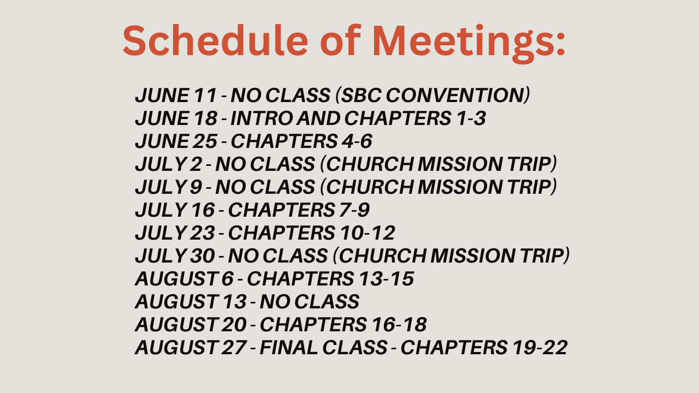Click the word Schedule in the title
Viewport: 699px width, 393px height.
click(216, 40)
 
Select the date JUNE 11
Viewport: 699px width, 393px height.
click(176, 95)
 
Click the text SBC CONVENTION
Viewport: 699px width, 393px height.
click(432, 95)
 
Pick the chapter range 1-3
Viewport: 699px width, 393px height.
click(471, 118)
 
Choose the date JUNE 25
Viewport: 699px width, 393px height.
click(176, 141)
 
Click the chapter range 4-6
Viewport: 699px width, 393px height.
click(357, 141)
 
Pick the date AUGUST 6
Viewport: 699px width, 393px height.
click(184, 278)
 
